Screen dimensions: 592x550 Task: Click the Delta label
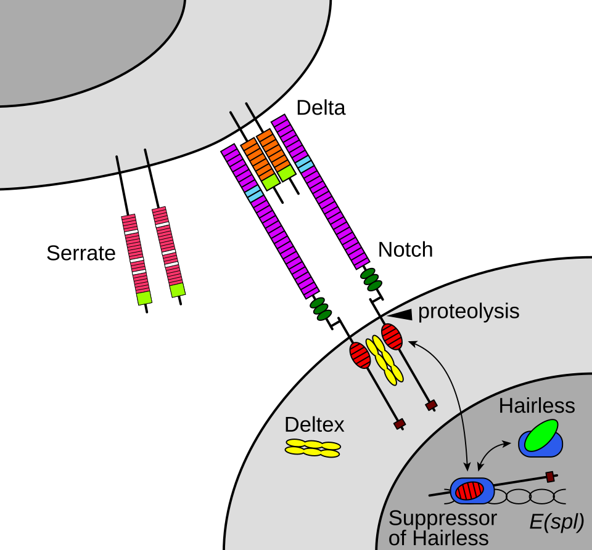click(x=321, y=108)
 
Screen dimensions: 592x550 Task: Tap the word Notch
click(x=405, y=249)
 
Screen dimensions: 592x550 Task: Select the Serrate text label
click(x=81, y=253)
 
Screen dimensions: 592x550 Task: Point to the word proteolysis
click(x=469, y=312)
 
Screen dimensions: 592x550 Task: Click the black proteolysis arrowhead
click(x=401, y=315)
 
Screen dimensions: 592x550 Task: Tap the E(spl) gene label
click(x=556, y=522)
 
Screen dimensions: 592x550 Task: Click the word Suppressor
click(x=443, y=519)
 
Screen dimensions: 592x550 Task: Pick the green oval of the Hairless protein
click(x=541, y=435)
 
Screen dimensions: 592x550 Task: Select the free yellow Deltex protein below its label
click(x=313, y=448)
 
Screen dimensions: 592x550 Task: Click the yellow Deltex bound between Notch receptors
click(x=384, y=360)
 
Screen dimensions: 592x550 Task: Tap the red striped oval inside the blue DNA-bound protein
click(x=469, y=490)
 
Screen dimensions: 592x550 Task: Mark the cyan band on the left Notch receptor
click(x=255, y=193)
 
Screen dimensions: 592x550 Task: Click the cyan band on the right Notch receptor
click(x=304, y=164)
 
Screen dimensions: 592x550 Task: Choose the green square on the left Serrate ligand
click(x=144, y=298)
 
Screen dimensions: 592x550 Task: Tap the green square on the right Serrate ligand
click(x=177, y=290)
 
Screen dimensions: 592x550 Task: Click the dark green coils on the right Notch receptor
click(x=371, y=280)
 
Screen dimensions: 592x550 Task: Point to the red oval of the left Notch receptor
click(x=360, y=355)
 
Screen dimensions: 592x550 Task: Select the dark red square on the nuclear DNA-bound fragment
click(x=551, y=477)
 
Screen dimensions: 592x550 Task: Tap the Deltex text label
click(x=314, y=425)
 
